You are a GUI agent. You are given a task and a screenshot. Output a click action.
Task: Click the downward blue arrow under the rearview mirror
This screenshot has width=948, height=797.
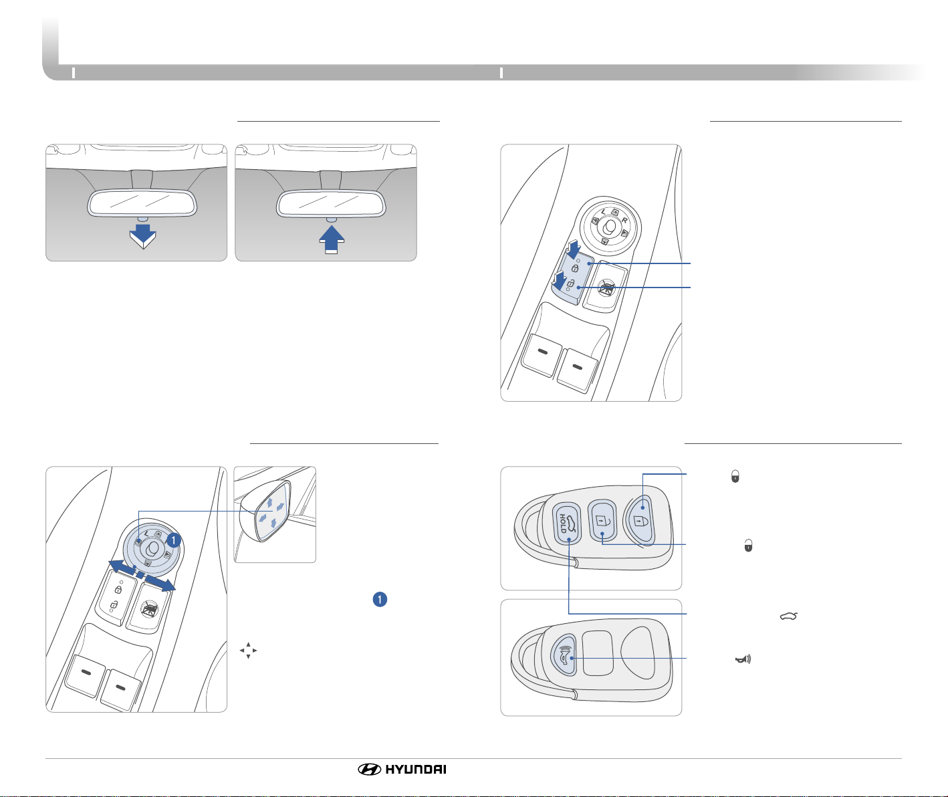tap(143, 236)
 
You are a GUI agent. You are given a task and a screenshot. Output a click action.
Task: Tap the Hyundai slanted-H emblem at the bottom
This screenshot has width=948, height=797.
tap(369, 770)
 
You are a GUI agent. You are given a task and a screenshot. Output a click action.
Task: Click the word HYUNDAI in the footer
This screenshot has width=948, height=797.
tap(416, 770)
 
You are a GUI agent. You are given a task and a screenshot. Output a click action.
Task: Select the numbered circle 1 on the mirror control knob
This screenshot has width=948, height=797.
tap(173, 540)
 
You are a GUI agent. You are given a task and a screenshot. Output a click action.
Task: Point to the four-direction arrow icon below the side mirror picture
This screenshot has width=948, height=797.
tap(248, 651)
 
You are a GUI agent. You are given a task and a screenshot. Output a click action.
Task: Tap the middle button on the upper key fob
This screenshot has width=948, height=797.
tap(602, 522)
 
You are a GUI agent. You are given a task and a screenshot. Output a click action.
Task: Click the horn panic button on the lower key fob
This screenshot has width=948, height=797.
tap(564, 656)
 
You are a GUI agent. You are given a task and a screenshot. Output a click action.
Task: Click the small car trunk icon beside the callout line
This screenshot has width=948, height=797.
tap(789, 616)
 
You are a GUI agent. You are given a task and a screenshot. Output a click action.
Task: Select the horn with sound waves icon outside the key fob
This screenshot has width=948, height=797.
tap(743, 659)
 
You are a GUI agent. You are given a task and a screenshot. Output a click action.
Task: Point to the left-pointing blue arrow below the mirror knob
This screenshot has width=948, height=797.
tap(122, 568)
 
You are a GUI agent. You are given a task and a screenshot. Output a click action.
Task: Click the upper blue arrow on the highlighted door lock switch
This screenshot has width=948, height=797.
tap(574, 249)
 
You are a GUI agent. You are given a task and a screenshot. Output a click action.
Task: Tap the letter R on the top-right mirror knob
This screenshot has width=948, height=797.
tap(624, 220)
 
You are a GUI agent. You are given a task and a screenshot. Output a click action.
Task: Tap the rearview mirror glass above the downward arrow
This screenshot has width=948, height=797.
tap(142, 203)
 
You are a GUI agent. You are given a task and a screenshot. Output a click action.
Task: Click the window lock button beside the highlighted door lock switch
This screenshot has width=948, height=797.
tap(606, 287)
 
